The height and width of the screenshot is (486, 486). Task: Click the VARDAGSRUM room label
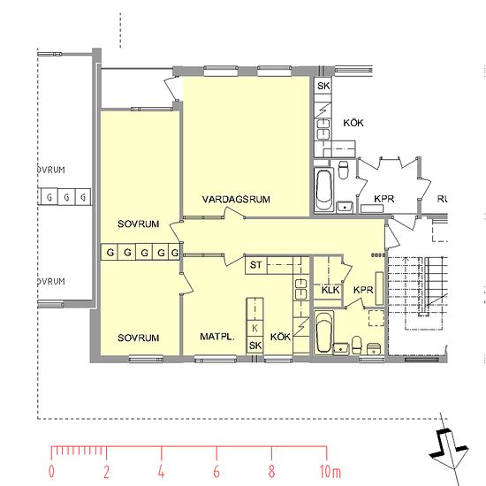(236, 200)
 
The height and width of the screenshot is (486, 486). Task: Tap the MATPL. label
(217, 337)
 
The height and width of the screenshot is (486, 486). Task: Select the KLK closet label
(330, 290)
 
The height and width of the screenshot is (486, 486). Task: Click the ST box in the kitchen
(255, 265)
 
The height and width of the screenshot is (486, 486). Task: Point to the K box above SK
(254, 328)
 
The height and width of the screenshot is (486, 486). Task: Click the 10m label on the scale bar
(330, 472)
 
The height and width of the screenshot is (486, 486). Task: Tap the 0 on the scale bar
(51, 472)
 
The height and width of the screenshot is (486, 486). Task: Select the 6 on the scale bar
(216, 472)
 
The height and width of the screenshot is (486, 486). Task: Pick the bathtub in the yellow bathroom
(323, 332)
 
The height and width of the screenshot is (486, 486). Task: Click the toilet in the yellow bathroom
(357, 346)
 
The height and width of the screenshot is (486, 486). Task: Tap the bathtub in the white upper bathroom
(324, 190)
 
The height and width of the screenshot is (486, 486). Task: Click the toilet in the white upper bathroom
(343, 170)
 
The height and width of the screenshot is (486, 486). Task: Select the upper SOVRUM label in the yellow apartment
(139, 224)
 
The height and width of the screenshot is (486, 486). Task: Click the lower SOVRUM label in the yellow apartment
(139, 338)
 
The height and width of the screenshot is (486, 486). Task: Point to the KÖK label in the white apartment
(353, 123)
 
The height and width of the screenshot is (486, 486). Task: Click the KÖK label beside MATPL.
(280, 337)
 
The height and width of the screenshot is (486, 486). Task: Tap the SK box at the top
(323, 86)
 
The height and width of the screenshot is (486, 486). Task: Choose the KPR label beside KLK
(363, 290)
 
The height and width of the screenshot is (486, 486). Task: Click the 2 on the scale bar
(106, 472)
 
